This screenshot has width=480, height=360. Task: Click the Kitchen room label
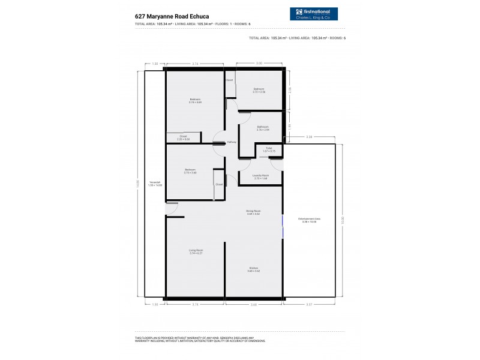click(253, 269)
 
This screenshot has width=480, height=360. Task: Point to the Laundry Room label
click(260, 177)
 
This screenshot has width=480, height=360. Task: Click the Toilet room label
click(269, 149)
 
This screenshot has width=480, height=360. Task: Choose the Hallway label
click(232, 142)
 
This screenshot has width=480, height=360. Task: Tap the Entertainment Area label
click(310, 220)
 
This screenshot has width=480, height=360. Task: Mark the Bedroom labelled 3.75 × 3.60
click(191, 171)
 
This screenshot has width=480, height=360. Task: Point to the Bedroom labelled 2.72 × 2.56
click(259, 90)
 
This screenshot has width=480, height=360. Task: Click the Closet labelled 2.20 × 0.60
click(183, 137)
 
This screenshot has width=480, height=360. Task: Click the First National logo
click(313, 14)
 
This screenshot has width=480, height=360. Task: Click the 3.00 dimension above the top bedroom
click(259, 63)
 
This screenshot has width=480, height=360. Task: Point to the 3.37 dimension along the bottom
click(309, 305)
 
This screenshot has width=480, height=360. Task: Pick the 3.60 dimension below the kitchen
click(253, 305)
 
